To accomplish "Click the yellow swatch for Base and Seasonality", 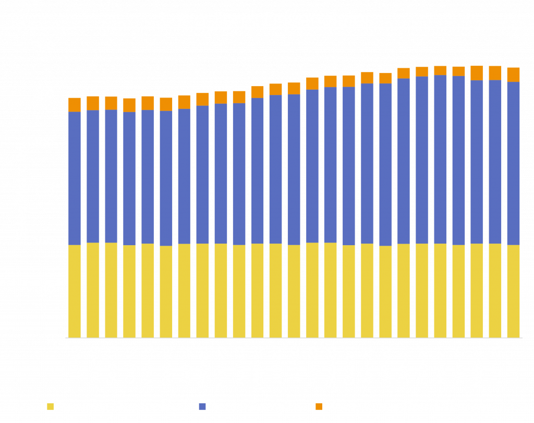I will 50,406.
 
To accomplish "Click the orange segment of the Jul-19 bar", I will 75,104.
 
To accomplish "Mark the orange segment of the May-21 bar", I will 477,72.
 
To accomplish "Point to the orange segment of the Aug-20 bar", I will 312,83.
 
